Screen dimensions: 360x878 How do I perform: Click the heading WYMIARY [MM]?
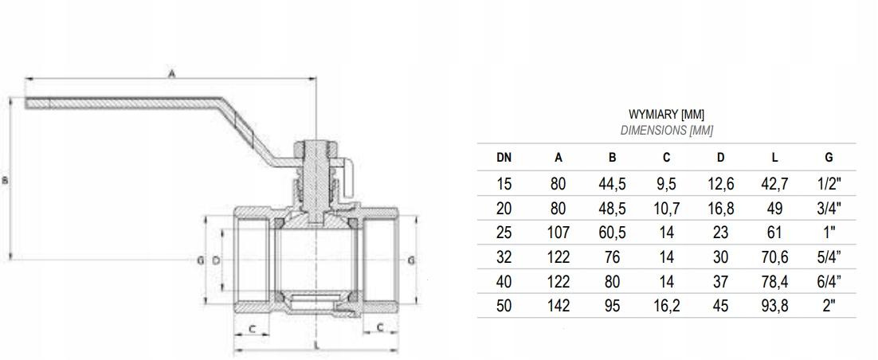point(666,115)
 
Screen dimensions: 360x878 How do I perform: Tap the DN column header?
point(504,158)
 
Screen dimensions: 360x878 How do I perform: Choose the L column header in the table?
point(774,158)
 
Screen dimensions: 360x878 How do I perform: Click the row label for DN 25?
point(504,233)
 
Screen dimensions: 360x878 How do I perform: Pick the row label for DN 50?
point(504,306)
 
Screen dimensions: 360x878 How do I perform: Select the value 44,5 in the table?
point(612,184)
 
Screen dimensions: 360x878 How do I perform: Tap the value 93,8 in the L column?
point(774,306)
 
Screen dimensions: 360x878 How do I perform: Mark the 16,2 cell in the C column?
point(666,306)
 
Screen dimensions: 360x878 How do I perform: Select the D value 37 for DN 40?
point(720,281)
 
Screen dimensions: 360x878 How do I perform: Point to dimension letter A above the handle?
point(171,72)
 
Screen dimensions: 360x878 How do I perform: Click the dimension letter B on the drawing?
point(6,181)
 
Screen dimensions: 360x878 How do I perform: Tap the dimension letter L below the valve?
point(316,345)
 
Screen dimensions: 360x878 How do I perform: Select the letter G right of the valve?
point(410,260)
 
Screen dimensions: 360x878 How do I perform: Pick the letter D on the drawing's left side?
point(216,260)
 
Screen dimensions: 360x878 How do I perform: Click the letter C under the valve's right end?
point(380,327)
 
